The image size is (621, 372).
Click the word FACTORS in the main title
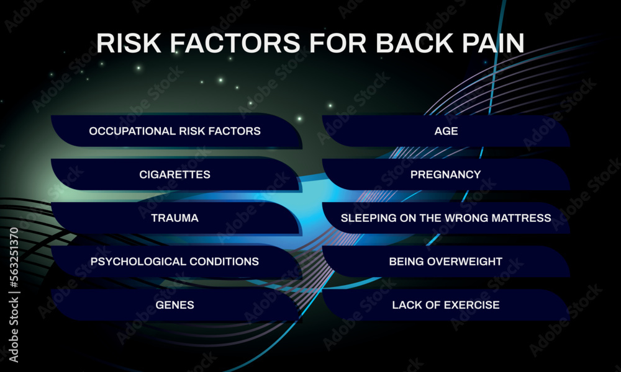coord(235,43)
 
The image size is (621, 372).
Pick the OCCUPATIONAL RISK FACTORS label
coord(175,131)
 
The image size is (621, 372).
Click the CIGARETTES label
coord(175,174)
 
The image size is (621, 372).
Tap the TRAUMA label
coord(175,218)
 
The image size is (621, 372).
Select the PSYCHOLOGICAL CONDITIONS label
coord(175,261)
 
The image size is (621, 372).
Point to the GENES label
coord(175,305)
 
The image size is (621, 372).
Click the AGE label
coord(446,131)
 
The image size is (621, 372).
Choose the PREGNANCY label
coord(445,174)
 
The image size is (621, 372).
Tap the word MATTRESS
coord(521,218)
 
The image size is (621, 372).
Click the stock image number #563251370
coord(14,258)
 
